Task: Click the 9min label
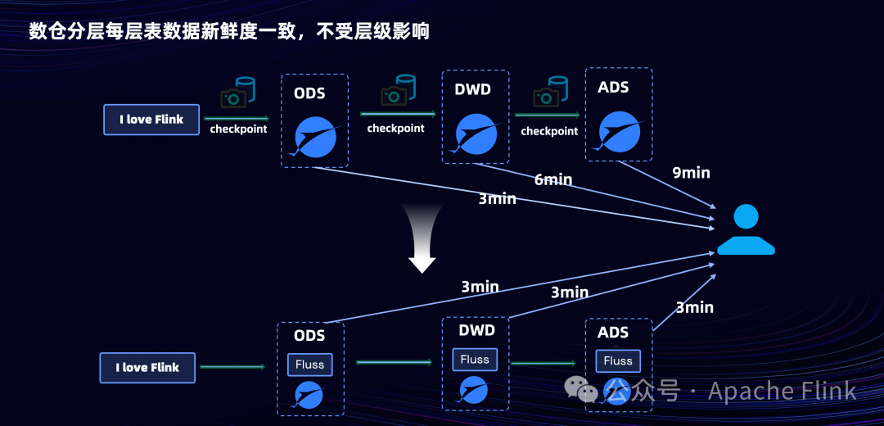coord(692,173)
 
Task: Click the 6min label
coord(553,179)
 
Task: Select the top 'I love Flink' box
coord(151,120)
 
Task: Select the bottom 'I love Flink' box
coord(147,368)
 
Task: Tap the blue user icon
coord(746,230)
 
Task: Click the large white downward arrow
coord(422,238)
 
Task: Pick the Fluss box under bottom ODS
coord(310,365)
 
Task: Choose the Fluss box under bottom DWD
coord(475,359)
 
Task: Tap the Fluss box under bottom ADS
coord(618,360)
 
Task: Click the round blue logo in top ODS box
coord(314,138)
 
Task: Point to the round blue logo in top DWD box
coord(476,134)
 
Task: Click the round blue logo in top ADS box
coord(620,129)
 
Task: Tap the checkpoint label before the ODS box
coord(238,129)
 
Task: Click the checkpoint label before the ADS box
coord(549,131)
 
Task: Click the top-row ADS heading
coord(613,87)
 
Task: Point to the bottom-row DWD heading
coord(476,330)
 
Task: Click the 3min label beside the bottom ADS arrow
coord(694,307)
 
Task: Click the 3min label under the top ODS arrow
coord(498,198)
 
